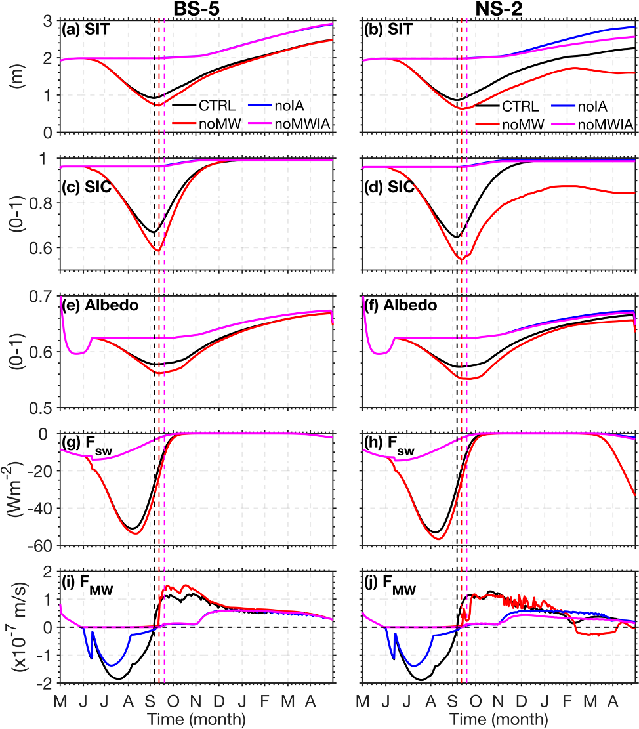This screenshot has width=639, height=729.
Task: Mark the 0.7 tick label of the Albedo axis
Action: [x=43, y=296]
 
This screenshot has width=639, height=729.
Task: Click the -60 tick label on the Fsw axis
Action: [x=41, y=545]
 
